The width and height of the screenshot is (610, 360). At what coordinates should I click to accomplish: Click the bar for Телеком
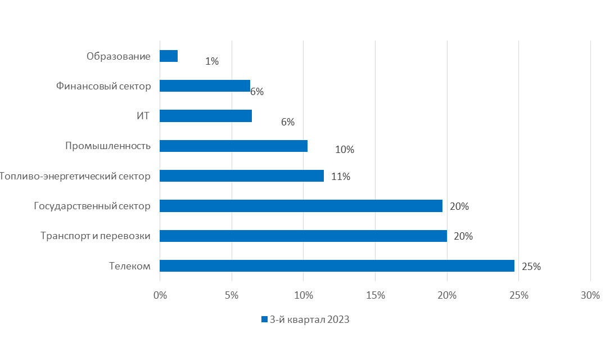coord(337,265)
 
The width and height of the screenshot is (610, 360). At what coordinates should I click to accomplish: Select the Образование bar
coord(169,56)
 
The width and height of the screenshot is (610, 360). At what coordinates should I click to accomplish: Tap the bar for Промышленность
coord(233,146)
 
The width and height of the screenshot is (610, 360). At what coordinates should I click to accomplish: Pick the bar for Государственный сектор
coord(301,206)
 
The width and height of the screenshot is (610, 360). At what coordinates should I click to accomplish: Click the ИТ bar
coord(206,116)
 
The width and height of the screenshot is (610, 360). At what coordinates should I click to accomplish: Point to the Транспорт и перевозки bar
coord(303,236)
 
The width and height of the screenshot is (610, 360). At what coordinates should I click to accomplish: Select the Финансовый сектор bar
coord(205,85)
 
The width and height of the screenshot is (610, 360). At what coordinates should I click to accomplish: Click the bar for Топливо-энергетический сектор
coord(242,175)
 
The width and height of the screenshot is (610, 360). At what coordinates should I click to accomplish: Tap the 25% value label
coord(531,267)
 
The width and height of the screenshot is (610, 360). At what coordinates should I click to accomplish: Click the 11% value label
coord(341,177)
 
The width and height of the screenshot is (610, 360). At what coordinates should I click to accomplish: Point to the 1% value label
coord(212,61)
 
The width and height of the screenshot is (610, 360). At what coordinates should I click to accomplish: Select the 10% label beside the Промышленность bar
coord(345,150)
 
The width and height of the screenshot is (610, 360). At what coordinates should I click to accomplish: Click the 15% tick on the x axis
coord(375,295)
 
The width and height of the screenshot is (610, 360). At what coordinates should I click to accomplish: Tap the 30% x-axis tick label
coord(590,295)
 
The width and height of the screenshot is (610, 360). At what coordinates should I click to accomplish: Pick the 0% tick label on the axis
coord(160,295)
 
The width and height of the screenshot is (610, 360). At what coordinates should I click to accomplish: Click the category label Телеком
coord(130,266)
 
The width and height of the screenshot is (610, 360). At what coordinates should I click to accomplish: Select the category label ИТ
coord(143,116)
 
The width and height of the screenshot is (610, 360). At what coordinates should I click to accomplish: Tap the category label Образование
coord(119,56)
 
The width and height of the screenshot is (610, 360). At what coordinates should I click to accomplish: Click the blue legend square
coord(264,319)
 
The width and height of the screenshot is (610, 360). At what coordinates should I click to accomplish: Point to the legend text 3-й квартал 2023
coord(310,319)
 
